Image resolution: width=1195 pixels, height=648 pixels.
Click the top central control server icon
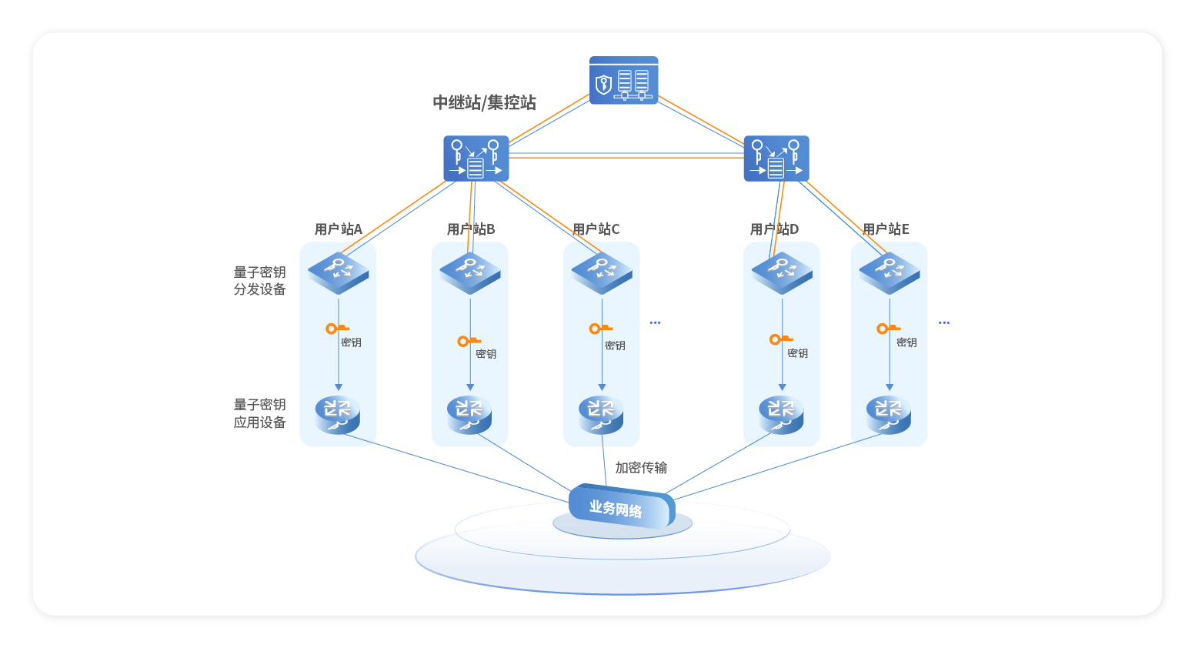click(623, 80)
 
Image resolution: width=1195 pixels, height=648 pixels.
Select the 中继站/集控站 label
click(484, 102)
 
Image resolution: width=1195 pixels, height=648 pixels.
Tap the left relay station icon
click(476, 159)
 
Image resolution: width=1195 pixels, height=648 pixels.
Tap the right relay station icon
click(776, 159)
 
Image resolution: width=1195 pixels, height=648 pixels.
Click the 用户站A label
click(338, 229)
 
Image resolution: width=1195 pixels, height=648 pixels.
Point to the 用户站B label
click(470, 229)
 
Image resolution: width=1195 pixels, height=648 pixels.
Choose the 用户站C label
click(596, 229)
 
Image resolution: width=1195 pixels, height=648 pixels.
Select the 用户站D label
click(774, 229)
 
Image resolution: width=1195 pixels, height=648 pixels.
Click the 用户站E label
click(886, 229)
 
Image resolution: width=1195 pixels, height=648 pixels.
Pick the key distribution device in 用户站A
click(339, 272)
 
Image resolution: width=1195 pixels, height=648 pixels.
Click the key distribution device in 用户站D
click(782, 272)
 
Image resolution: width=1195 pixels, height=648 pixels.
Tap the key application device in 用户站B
click(469, 414)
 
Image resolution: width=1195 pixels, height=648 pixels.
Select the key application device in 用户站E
click(889, 414)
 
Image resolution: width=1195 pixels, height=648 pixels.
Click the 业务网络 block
click(620, 508)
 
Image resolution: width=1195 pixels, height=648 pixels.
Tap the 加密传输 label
click(641, 468)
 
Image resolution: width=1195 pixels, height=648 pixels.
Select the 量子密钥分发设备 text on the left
click(259, 281)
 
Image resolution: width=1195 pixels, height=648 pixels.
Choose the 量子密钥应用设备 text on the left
click(259, 413)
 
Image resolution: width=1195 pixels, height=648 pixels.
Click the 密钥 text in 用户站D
click(798, 353)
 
